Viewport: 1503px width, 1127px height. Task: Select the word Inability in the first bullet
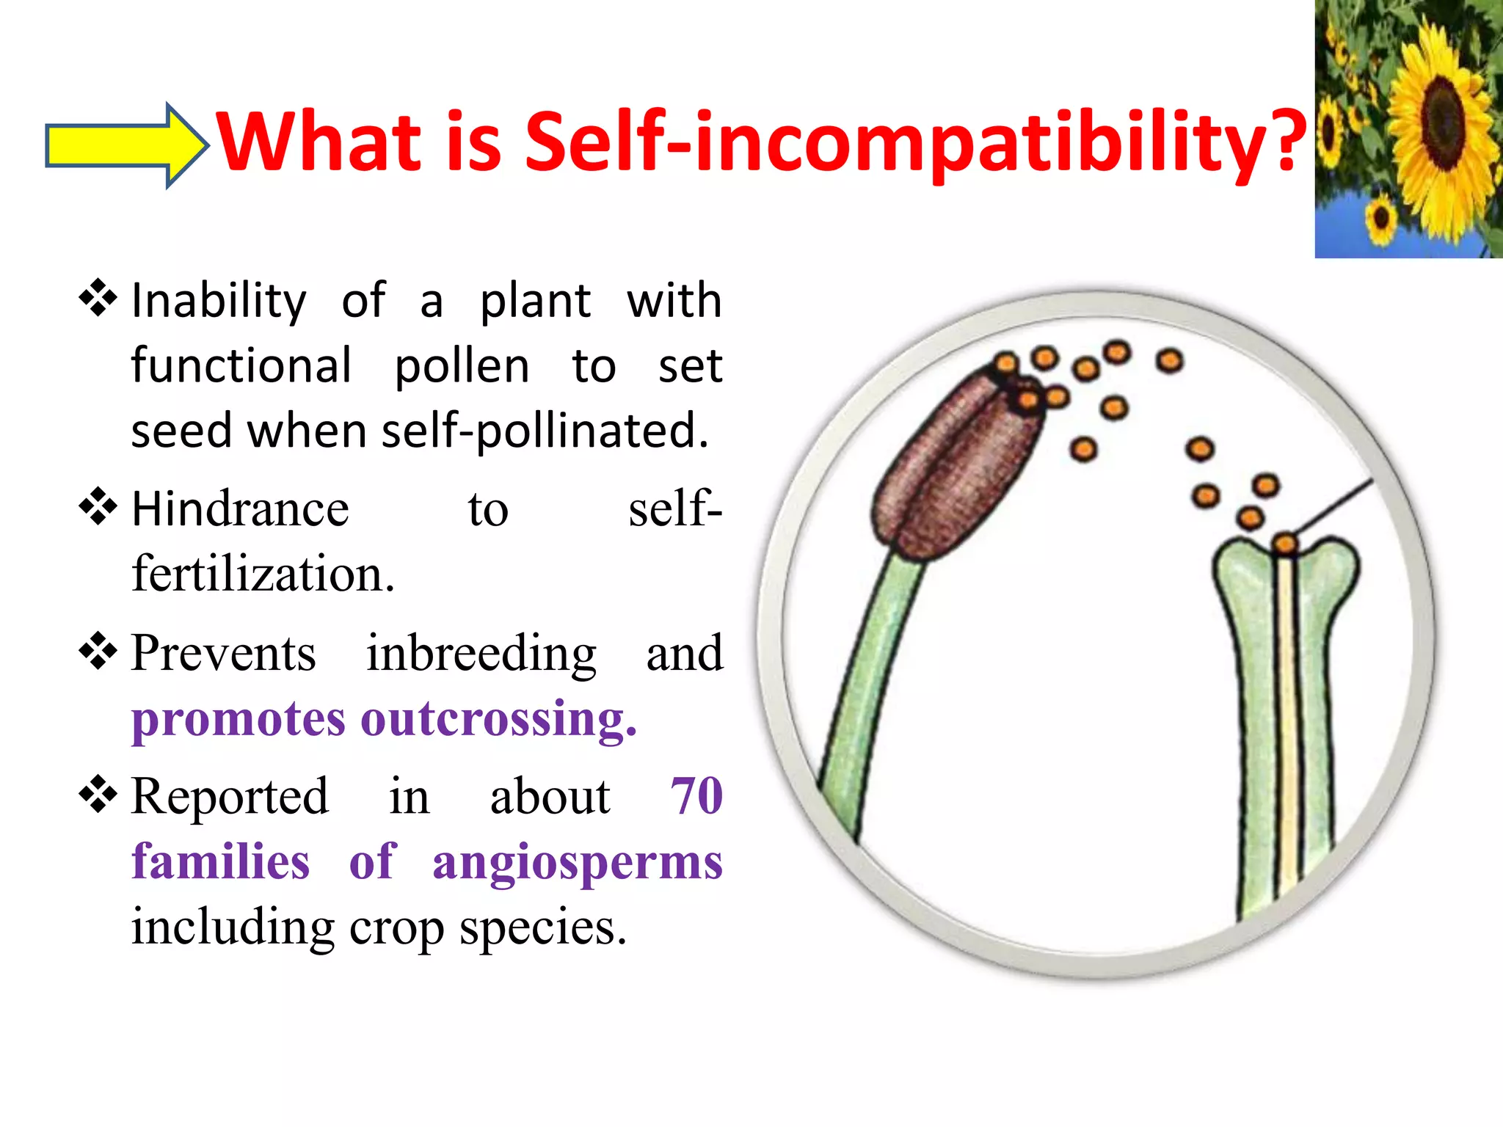(x=219, y=301)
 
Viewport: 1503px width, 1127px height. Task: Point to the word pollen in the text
(x=462, y=367)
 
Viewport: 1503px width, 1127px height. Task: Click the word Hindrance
(x=240, y=509)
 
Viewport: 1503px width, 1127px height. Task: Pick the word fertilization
(x=263, y=575)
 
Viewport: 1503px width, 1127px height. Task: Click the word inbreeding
(x=481, y=653)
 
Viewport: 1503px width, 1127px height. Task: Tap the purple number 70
(x=696, y=795)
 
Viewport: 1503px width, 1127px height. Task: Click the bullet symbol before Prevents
(x=98, y=652)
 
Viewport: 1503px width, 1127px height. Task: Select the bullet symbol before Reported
(x=98, y=795)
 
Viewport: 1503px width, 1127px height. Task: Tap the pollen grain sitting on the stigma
(x=1285, y=544)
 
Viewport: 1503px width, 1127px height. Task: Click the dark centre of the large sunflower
(x=1442, y=117)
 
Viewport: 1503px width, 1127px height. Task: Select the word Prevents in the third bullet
(x=223, y=653)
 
